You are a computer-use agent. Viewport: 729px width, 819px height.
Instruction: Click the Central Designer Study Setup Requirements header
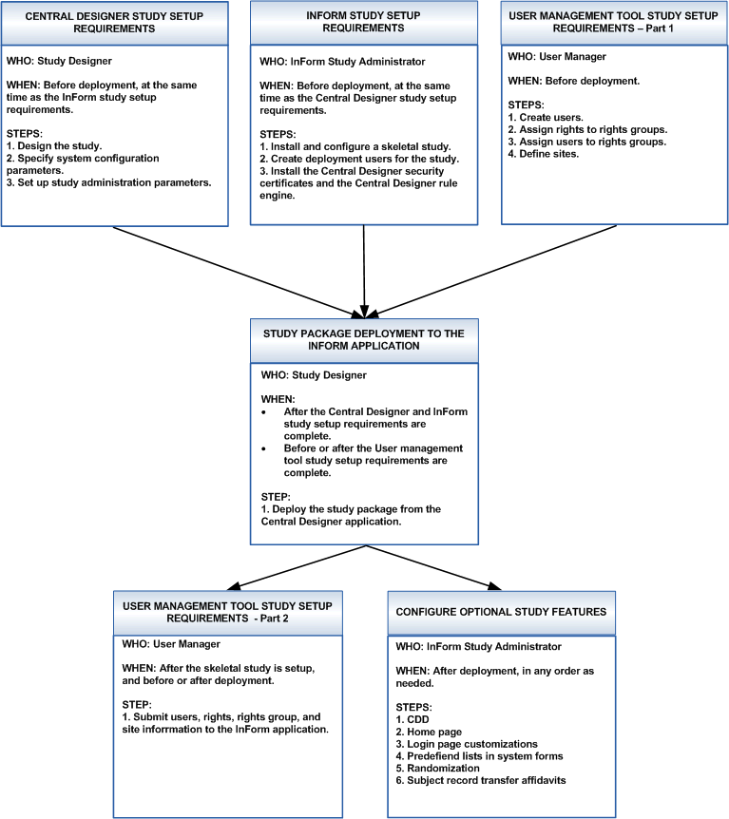pos(115,22)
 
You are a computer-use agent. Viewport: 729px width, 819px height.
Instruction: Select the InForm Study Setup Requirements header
pos(364,22)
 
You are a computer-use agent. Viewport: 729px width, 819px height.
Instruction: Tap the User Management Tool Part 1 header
pos(613,22)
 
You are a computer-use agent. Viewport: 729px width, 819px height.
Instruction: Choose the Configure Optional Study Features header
pos(501,612)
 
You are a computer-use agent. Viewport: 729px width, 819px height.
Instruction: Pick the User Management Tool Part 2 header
pos(226,612)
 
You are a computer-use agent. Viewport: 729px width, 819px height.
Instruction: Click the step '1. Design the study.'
pos(54,145)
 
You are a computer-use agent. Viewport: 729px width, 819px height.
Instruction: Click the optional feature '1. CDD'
pos(416,719)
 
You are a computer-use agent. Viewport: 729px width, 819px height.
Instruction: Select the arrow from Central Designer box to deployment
pos(238,272)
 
